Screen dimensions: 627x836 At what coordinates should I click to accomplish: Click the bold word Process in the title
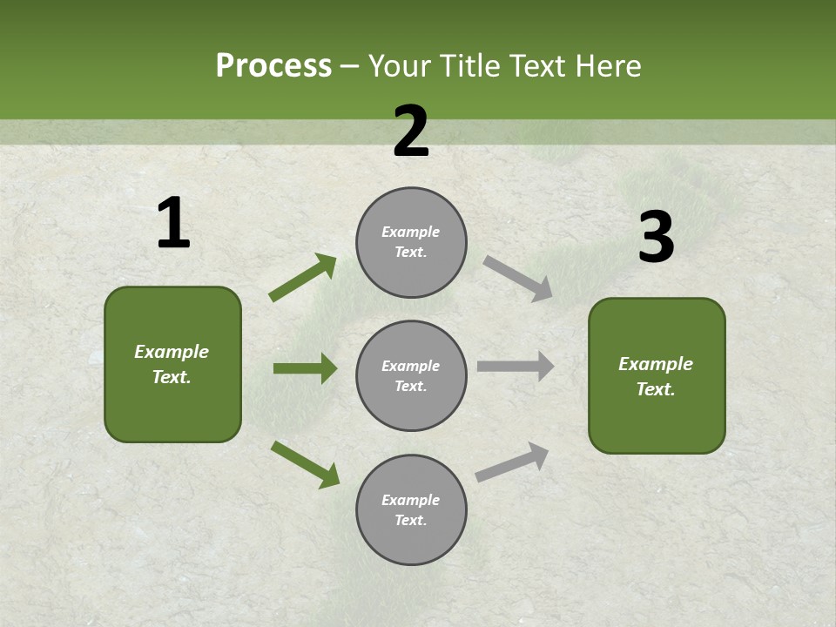273,66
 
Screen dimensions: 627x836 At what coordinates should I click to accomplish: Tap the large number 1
173,224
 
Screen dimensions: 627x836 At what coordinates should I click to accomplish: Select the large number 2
411,131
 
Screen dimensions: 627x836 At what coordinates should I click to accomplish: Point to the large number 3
656,238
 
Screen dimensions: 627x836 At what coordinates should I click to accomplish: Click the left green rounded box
172,364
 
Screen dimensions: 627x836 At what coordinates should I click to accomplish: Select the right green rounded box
657,376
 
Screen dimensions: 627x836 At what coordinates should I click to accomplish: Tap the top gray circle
411,242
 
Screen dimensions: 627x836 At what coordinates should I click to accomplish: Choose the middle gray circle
411,376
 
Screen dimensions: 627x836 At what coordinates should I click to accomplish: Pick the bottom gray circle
411,510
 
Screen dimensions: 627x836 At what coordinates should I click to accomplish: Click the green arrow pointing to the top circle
303,278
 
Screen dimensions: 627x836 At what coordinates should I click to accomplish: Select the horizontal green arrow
305,368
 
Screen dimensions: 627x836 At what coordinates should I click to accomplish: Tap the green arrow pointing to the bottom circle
305,464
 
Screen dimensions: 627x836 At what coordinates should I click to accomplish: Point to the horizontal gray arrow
515,367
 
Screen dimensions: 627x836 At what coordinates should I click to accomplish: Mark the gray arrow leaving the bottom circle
512,462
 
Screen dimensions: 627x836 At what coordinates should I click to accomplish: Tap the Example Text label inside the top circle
411,242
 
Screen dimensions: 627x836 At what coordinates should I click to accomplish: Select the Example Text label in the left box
172,364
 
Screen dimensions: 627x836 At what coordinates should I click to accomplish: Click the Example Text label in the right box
656,376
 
